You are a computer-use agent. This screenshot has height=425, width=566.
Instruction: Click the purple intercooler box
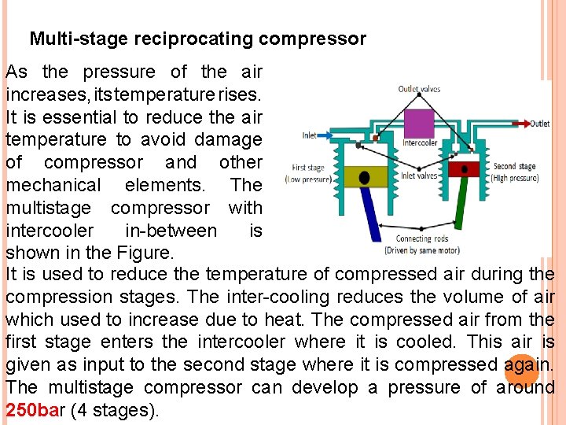(x=419, y=124)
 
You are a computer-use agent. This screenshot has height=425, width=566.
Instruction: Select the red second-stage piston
(x=465, y=169)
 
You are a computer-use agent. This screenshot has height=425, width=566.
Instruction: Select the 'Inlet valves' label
(x=419, y=176)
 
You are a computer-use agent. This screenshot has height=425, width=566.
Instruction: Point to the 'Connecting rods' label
(x=424, y=238)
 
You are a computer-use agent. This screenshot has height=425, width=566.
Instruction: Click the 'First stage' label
(x=309, y=167)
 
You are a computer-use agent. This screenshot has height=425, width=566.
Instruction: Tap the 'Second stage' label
(x=515, y=166)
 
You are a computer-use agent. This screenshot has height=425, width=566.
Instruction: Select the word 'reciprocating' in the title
(x=193, y=38)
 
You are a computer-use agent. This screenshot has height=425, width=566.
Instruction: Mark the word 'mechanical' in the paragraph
(x=53, y=185)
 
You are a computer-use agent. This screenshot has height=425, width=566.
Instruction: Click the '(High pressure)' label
(x=515, y=177)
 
